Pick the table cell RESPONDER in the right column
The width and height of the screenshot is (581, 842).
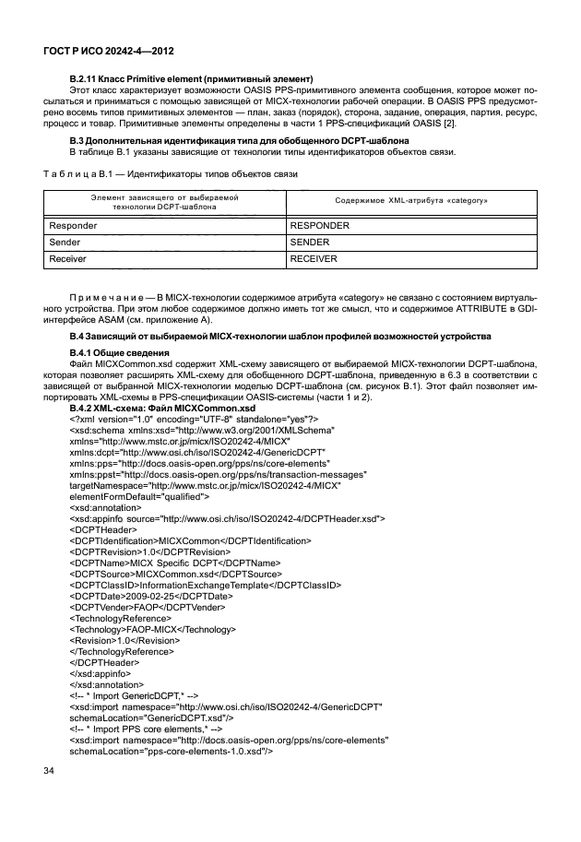320,224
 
